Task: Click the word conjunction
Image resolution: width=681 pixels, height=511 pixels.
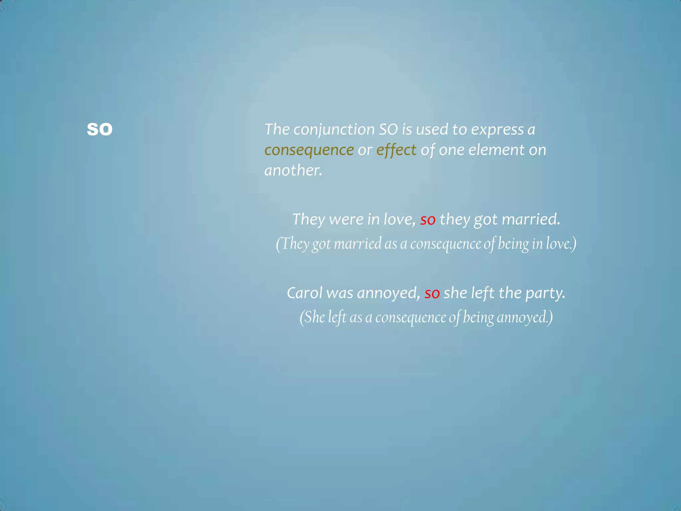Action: (x=334, y=129)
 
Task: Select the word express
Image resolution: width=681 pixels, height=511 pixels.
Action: (x=497, y=129)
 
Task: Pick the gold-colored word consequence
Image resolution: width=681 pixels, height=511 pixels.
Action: (x=309, y=150)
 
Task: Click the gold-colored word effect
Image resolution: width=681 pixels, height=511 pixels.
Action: (x=396, y=150)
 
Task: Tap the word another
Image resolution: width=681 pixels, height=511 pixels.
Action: (x=293, y=170)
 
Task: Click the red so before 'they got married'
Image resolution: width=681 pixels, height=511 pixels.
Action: (x=428, y=220)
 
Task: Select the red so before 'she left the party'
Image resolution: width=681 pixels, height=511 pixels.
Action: (x=432, y=293)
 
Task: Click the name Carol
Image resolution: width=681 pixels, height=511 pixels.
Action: (x=304, y=293)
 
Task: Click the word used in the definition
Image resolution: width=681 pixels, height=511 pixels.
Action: (x=432, y=129)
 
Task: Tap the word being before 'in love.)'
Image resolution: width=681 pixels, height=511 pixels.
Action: (x=513, y=244)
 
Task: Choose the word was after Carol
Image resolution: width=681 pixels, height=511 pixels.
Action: (x=340, y=293)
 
